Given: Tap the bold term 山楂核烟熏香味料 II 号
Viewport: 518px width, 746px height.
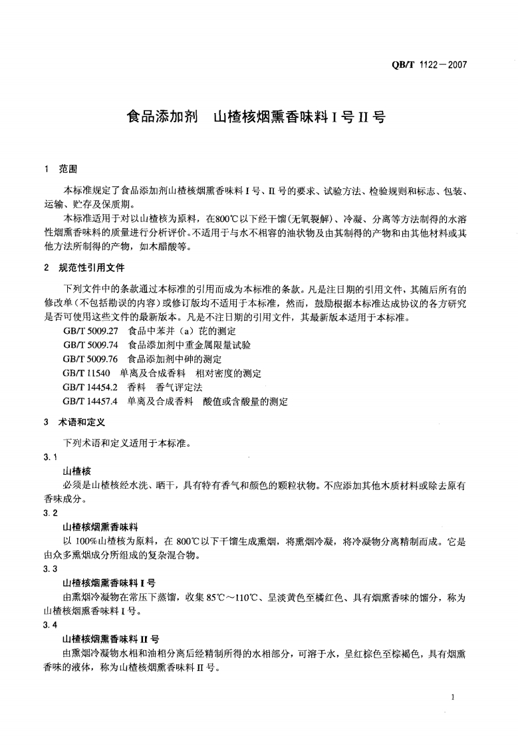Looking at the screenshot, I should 110,640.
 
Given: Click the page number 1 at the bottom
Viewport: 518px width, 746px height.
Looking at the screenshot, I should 452,697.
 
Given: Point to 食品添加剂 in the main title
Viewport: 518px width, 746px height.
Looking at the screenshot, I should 160,118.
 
